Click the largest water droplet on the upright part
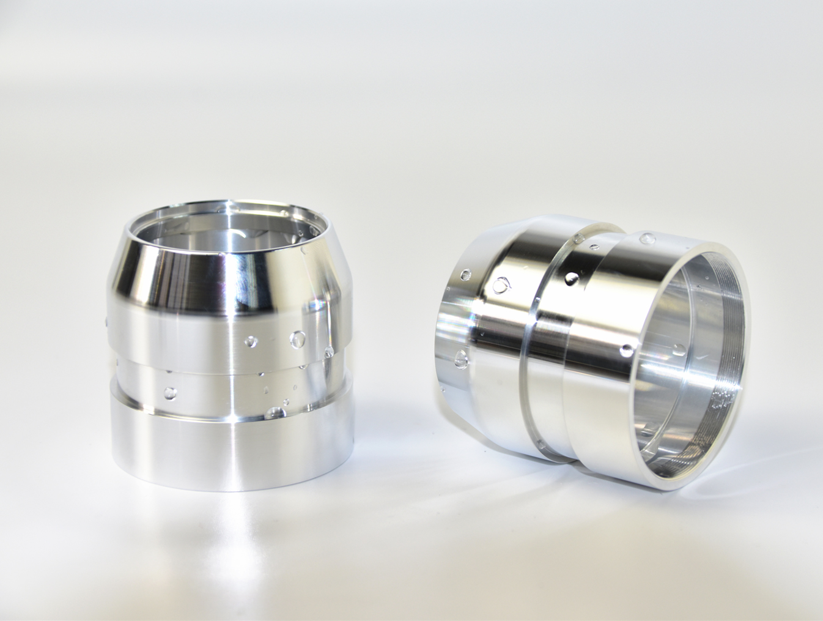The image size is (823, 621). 299,338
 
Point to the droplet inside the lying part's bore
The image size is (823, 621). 679,350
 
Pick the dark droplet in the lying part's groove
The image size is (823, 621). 572,278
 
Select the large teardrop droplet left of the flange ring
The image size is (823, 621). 501,284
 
